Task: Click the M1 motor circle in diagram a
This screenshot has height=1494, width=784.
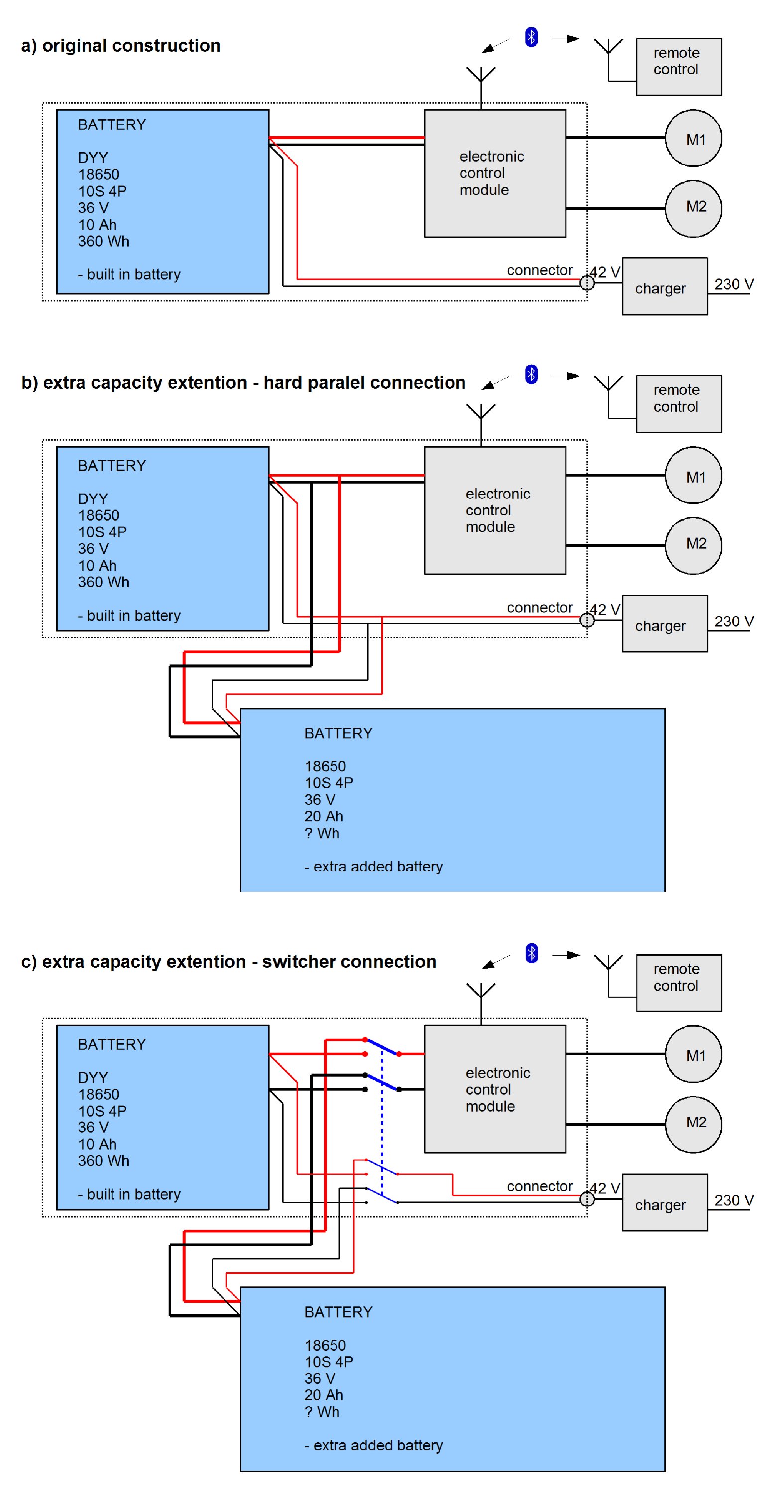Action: tap(693, 138)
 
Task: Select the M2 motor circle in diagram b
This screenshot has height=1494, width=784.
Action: tap(693, 545)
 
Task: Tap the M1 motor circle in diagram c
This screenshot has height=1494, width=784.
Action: tap(693, 1054)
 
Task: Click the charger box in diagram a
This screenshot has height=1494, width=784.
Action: tap(665, 286)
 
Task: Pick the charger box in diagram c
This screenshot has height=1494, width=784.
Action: tap(665, 1202)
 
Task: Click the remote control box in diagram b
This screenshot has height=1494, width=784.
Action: tap(678, 404)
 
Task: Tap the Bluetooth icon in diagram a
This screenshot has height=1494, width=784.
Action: tap(531, 37)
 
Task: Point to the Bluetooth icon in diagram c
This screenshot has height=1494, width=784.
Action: tap(531, 953)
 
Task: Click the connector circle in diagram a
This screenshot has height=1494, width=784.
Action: tap(587, 283)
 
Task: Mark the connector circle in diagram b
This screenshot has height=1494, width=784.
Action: tap(587, 620)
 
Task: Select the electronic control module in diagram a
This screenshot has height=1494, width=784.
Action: tap(495, 173)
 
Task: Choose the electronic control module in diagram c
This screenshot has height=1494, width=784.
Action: tap(495, 1089)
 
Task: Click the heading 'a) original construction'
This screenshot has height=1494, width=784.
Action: tap(120, 46)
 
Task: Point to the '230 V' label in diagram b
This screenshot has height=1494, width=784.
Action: tap(734, 621)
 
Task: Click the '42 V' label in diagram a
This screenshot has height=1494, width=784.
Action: tap(605, 272)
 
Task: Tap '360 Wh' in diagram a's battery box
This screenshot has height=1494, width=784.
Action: tap(104, 241)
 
